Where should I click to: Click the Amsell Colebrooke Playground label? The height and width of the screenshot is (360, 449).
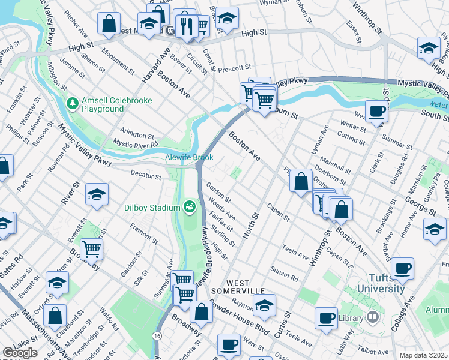(103, 104)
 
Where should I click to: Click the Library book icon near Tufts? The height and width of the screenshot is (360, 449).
(373, 316)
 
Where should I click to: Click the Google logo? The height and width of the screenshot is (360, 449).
(19, 353)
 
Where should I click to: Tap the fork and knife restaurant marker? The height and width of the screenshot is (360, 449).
(187, 25)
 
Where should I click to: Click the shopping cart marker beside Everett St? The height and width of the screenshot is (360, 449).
(91, 248)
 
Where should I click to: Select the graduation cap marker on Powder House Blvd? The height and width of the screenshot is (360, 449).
(264, 305)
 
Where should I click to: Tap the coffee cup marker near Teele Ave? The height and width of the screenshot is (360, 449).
(326, 317)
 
